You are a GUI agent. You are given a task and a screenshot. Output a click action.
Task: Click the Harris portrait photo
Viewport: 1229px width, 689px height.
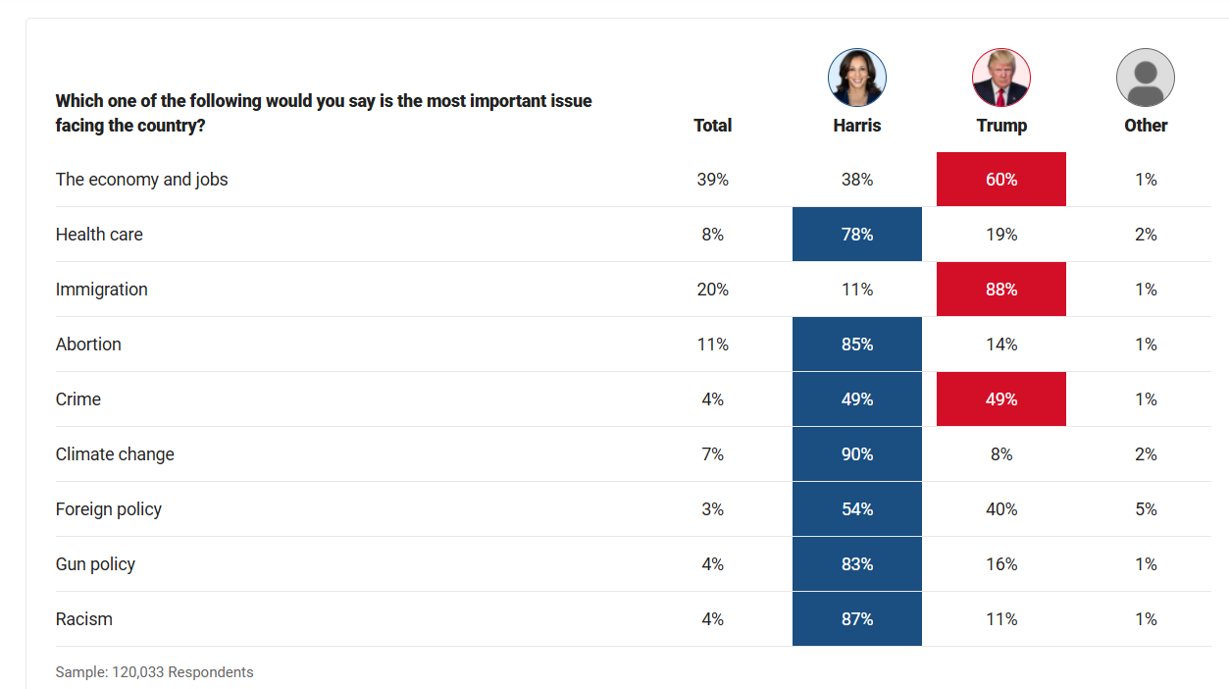coord(856,78)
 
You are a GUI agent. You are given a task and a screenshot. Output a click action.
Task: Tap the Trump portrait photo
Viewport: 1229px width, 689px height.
coord(1000,78)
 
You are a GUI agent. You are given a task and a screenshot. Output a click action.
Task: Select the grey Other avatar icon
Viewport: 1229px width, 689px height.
coord(1145,78)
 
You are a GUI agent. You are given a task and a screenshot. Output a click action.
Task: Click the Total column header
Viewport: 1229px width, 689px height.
coord(712,126)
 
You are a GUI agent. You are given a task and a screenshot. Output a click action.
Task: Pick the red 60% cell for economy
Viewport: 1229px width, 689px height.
coord(1000,180)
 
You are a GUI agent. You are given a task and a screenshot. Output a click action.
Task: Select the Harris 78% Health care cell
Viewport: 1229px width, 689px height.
coord(856,235)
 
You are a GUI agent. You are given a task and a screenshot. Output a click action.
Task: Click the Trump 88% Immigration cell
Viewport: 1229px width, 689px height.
coord(1000,290)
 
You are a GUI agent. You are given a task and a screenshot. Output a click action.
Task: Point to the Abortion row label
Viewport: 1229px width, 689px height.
coord(88,344)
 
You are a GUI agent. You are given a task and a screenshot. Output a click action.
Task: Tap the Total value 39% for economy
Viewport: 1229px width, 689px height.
coord(712,180)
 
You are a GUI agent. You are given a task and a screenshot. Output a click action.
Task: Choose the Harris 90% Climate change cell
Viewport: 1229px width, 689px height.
coord(856,454)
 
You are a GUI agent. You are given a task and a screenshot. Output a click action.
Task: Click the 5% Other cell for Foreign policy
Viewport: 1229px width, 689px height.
coord(1146,509)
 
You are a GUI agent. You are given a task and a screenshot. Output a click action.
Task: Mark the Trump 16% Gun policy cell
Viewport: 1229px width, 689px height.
coord(1000,564)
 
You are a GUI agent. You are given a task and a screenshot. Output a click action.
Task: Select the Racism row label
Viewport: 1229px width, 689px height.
coord(84,619)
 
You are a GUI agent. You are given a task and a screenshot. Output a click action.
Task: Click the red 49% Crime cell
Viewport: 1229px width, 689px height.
coord(1000,399)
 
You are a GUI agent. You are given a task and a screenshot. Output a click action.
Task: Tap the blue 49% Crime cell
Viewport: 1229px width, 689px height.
coord(856,399)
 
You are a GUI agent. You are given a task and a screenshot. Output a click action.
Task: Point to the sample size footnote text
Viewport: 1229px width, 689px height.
coord(154,672)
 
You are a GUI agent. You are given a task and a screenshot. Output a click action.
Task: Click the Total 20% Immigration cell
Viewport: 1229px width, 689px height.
coord(712,290)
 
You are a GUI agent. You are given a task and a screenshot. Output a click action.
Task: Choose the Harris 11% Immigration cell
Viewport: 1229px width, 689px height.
coord(856,290)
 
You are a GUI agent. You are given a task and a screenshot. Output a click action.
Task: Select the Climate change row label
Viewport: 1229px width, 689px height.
coord(115,454)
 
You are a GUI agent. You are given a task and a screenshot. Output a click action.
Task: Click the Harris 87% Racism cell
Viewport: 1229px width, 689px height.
coord(856,619)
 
